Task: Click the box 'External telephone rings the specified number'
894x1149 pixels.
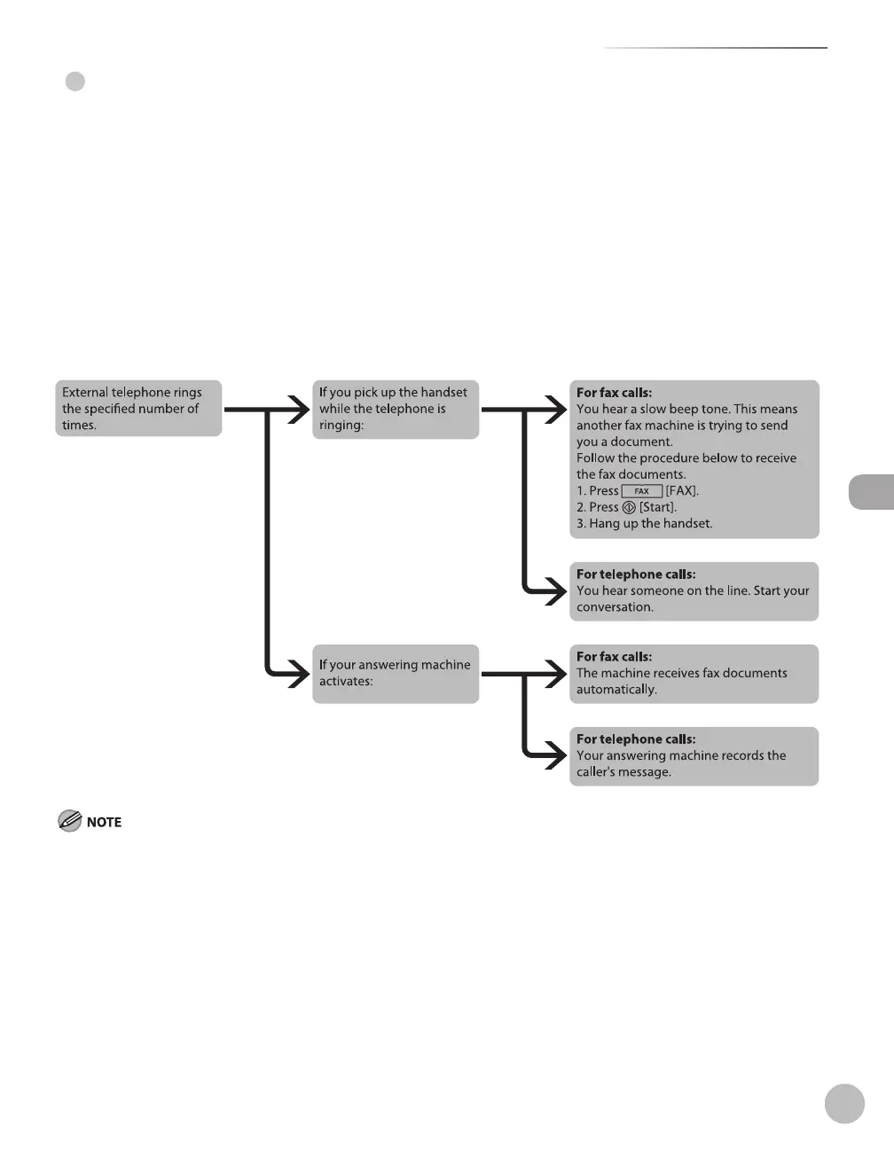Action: point(138,409)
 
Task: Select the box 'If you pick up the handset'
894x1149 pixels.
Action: point(395,409)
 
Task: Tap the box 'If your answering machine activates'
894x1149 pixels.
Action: point(395,673)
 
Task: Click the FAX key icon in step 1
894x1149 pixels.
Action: point(642,491)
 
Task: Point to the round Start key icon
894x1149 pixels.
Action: point(629,508)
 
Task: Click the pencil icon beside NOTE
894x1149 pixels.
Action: point(69,822)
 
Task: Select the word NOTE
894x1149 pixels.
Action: point(104,823)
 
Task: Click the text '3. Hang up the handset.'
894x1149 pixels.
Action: point(644,524)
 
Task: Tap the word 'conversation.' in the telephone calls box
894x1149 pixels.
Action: point(615,607)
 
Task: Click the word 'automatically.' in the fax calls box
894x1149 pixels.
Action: point(616,690)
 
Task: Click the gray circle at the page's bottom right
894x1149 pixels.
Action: point(844,1103)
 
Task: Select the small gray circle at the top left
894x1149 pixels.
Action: point(75,82)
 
